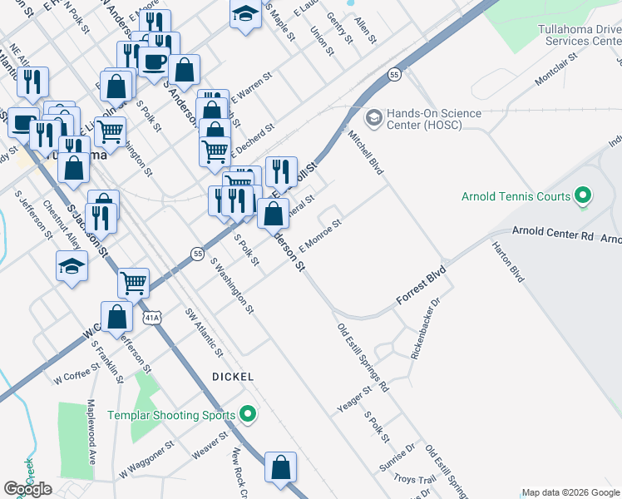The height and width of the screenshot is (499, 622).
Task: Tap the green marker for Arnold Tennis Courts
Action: [x=583, y=197]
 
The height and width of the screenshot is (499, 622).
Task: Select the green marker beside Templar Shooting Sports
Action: [x=247, y=413]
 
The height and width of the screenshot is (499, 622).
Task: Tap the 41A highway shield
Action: [x=151, y=318]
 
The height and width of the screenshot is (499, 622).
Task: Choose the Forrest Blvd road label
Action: [x=421, y=285]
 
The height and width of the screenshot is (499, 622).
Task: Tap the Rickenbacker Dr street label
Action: [x=425, y=332]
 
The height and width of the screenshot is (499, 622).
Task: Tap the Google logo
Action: [x=28, y=489]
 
